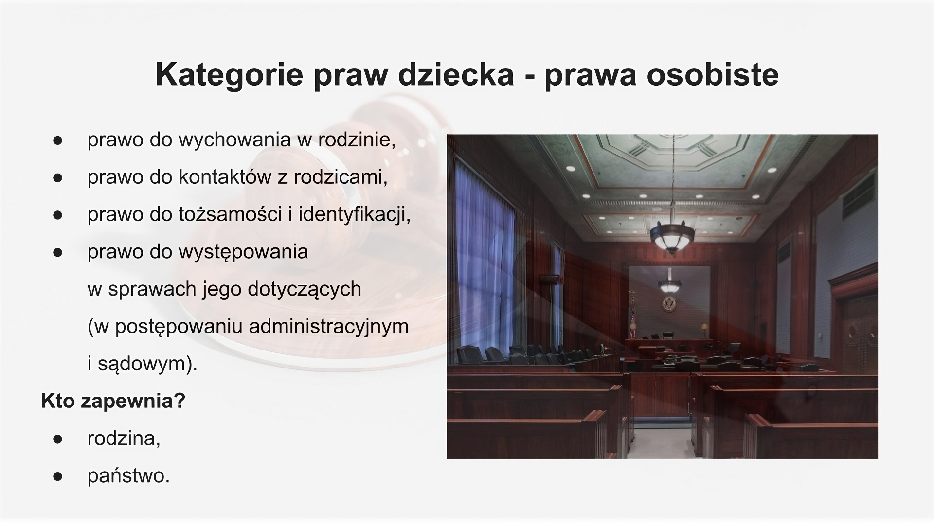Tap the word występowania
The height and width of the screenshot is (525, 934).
point(243,252)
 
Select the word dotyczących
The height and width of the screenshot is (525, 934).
point(305,289)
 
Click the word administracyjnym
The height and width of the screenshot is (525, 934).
point(328,326)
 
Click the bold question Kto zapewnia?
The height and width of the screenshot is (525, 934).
point(113,401)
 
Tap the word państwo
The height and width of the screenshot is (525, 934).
point(128,476)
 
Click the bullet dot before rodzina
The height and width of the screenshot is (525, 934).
point(58,439)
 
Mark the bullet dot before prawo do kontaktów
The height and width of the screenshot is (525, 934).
point(58,177)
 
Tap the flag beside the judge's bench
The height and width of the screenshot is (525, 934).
point(633,319)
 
